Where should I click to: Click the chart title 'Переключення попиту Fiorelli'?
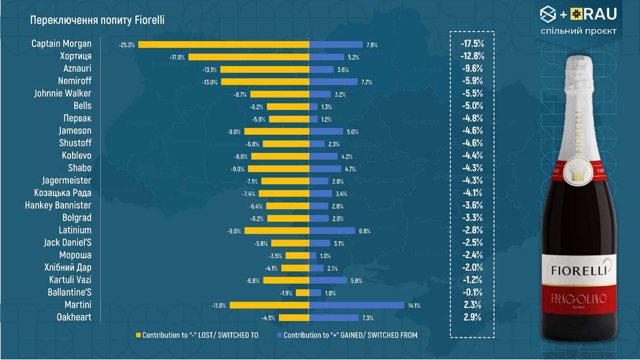click(x=97, y=20)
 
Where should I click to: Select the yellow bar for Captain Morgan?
click(x=224, y=45)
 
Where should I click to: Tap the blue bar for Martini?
click(x=357, y=305)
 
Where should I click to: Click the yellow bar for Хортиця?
click(x=249, y=57)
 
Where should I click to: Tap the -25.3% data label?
click(x=126, y=45)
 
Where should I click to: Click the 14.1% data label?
click(x=414, y=306)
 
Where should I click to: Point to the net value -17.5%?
click(x=472, y=44)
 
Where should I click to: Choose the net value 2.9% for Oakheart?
click(x=472, y=317)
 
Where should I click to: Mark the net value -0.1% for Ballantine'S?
click(x=472, y=292)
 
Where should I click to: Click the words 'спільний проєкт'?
click(x=578, y=31)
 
